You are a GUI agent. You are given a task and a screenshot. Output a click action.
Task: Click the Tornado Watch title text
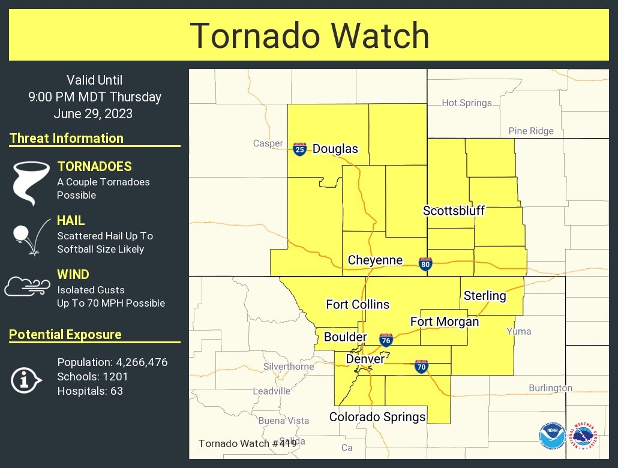pos(309,36)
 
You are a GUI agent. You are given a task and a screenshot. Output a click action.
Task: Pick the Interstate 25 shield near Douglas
pos(300,149)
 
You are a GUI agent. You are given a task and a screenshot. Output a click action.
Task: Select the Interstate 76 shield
pos(386,340)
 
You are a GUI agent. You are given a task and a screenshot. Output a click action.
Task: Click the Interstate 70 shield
pos(421,366)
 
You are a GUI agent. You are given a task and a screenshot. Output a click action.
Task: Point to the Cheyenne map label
pos(375,260)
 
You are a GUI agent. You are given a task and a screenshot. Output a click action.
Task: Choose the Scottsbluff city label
pos(454,211)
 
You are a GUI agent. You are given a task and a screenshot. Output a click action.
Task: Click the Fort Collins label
pos(358,305)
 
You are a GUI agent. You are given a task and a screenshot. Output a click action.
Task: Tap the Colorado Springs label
pos(377,416)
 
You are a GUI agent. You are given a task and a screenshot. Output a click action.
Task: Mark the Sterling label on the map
pos(485,296)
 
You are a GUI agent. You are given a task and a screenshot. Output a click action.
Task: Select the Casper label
pos(268,143)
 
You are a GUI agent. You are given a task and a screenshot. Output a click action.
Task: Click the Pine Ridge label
pos(531,131)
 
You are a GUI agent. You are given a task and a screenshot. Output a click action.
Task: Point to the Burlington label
pos(550,388)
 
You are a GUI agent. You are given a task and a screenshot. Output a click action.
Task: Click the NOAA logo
pos(552,437)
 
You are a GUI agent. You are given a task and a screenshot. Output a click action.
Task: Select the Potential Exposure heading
pos(65,335)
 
